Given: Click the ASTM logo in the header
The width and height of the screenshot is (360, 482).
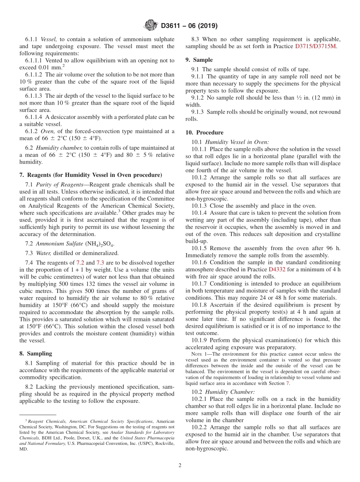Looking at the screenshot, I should [x=150, y=25].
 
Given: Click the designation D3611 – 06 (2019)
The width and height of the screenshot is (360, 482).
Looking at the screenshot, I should [x=189, y=26].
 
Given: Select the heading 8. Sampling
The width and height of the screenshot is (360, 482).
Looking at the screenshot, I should [x=36, y=354].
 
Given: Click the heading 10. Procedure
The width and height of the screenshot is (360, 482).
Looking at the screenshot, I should [x=204, y=133].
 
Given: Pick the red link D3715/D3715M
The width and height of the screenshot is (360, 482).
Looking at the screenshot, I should [x=315, y=46].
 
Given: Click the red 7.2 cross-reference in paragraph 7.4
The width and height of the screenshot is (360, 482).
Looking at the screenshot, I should [x=80, y=263].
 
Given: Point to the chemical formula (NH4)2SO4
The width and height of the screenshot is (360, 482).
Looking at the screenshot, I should [x=100, y=244].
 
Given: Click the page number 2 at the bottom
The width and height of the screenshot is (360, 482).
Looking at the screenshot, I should [x=180, y=465].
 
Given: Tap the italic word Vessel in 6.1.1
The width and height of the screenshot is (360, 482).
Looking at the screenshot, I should [x=48, y=39].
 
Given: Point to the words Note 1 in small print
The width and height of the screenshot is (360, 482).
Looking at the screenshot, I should [x=199, y=354].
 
